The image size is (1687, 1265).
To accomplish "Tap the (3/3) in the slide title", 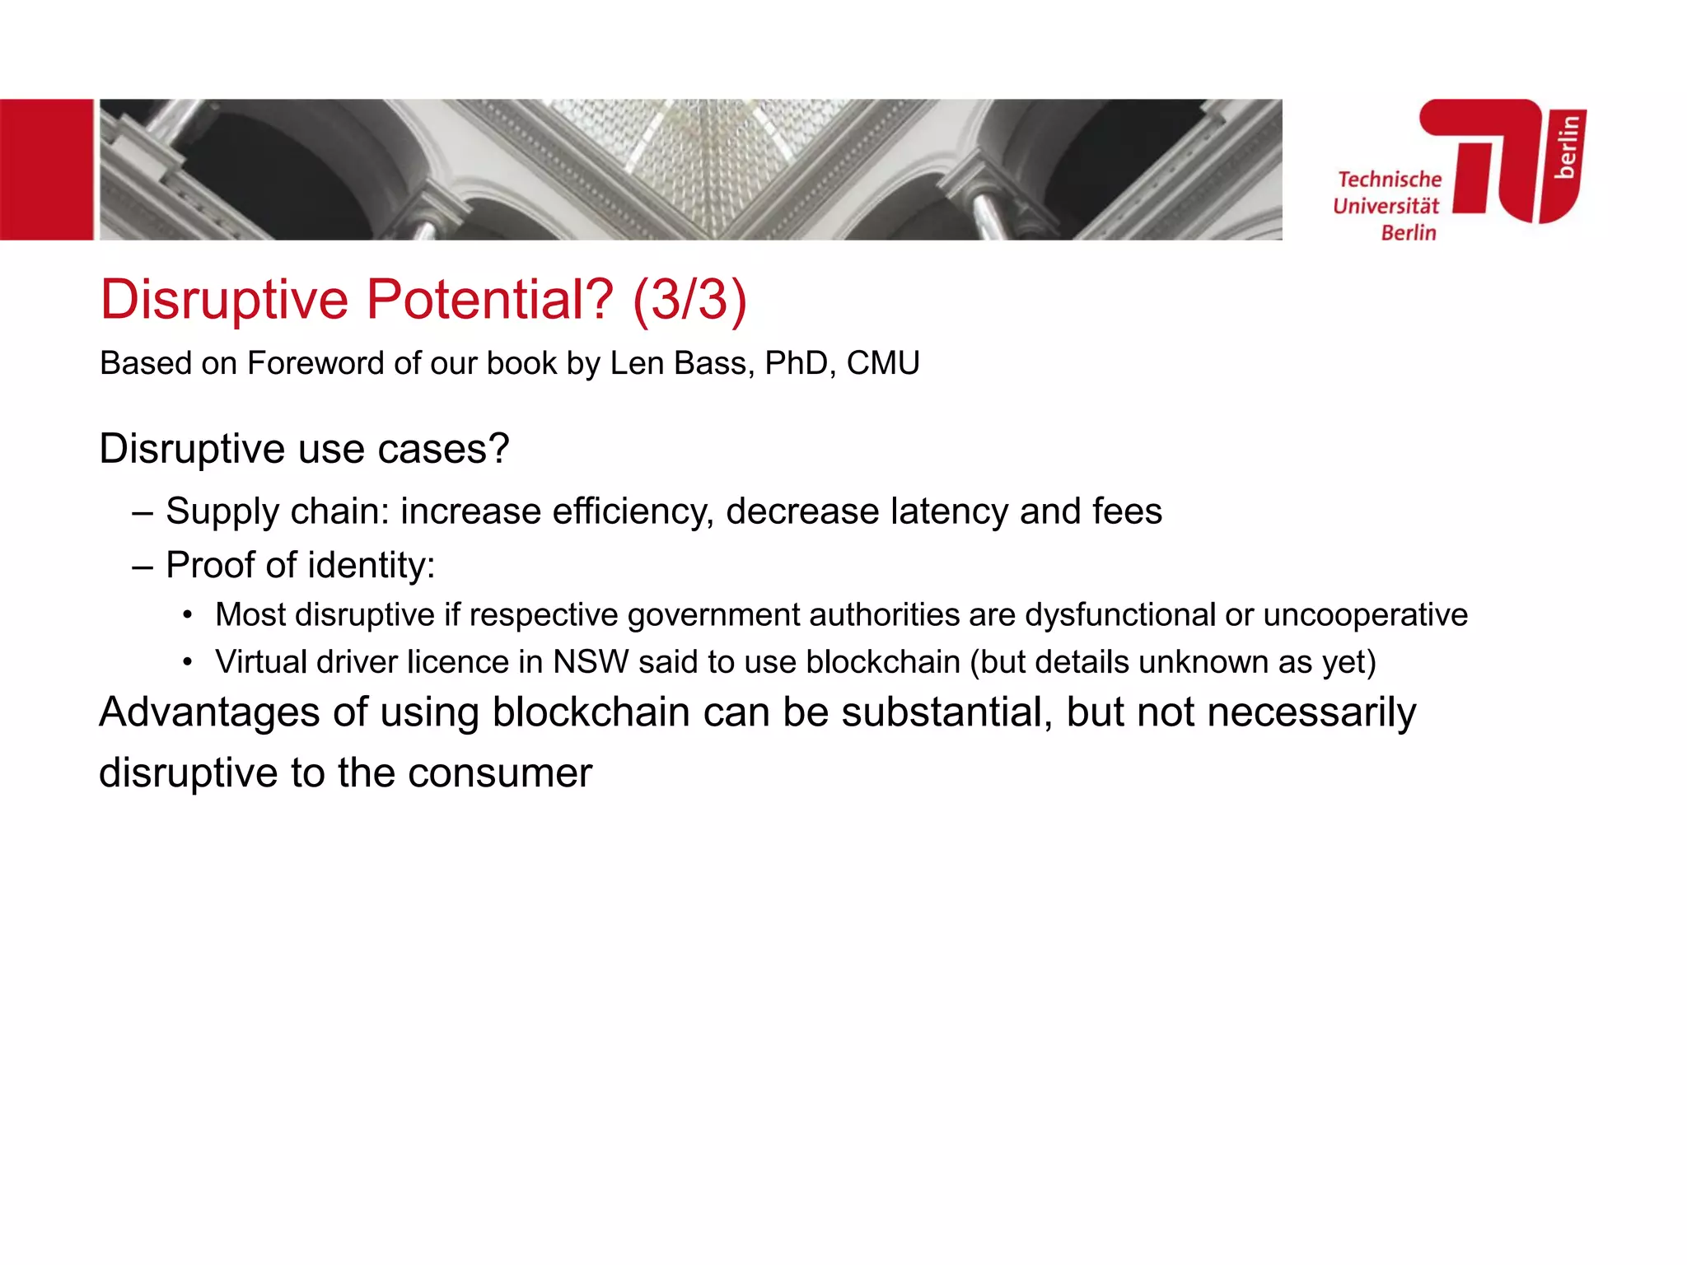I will coord(689,300).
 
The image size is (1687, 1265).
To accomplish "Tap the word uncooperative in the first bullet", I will coord(1365,615).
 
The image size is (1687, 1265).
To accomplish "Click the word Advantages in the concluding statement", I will coord(209,712).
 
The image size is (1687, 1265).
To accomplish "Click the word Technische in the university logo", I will coord(1390,180).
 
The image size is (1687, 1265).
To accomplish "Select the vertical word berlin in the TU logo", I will coord(1568,147).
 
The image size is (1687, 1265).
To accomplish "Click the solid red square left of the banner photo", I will coord(46,170).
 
